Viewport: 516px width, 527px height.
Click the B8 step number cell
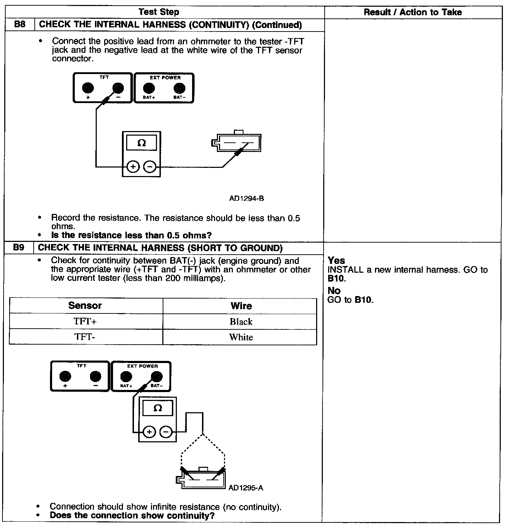(x=19, y=25)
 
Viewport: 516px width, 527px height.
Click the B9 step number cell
(x=19, y=248)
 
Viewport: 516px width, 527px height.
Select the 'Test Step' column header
(x=159, y=12)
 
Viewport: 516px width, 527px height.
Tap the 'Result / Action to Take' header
(x=413, y=12)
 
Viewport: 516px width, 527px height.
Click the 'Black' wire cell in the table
(x=241, y=322)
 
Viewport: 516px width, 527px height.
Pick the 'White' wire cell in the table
(x=241, y=337)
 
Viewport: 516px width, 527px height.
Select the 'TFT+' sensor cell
(x=85, y=322)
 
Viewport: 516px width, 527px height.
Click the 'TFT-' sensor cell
(x=85, y=337)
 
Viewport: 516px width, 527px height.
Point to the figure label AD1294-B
(x=247, y=198)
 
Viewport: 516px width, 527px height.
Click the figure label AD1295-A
(x=246, y=488)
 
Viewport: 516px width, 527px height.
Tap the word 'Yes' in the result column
(x=336, y=261)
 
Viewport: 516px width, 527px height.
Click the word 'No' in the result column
(x=334, y=291)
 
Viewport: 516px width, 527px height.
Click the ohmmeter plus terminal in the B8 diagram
(x=133, y=166)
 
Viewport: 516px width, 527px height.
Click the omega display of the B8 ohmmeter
(x=141, y=143)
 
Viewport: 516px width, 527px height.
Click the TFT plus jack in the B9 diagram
(x=65, y=376)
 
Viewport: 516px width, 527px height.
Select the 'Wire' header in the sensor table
(x=241, y=306)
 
